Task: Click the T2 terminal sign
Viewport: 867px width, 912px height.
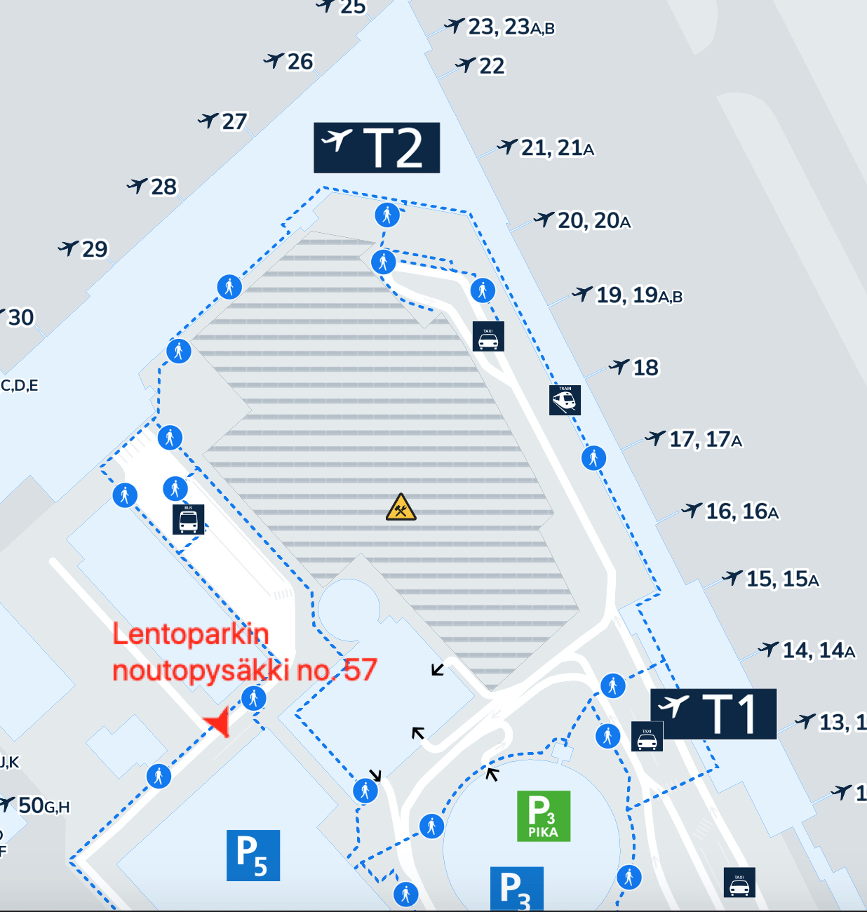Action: click(x=377, y=147)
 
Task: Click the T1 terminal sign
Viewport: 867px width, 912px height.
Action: click(x=713, y=713)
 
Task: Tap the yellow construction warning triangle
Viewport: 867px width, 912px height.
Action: click(x=401, y=507)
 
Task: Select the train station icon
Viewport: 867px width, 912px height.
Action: click(x=565, y=400)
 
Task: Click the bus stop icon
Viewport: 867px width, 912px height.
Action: click(x=188, y=519)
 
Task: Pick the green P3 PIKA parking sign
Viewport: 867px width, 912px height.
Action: click(x=544, y=816)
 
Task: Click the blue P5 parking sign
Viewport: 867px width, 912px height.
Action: click(x=253, y=855)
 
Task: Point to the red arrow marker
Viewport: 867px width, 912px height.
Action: click(x=218, y=722)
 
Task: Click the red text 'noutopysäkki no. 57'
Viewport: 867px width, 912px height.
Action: click(x=245, y=670)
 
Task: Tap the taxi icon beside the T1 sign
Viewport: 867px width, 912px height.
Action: click(x=647, y=737)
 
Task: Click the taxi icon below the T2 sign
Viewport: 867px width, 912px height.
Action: click(x=488, y=337)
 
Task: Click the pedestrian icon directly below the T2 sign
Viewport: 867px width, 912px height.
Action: click(x=387, y=215)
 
